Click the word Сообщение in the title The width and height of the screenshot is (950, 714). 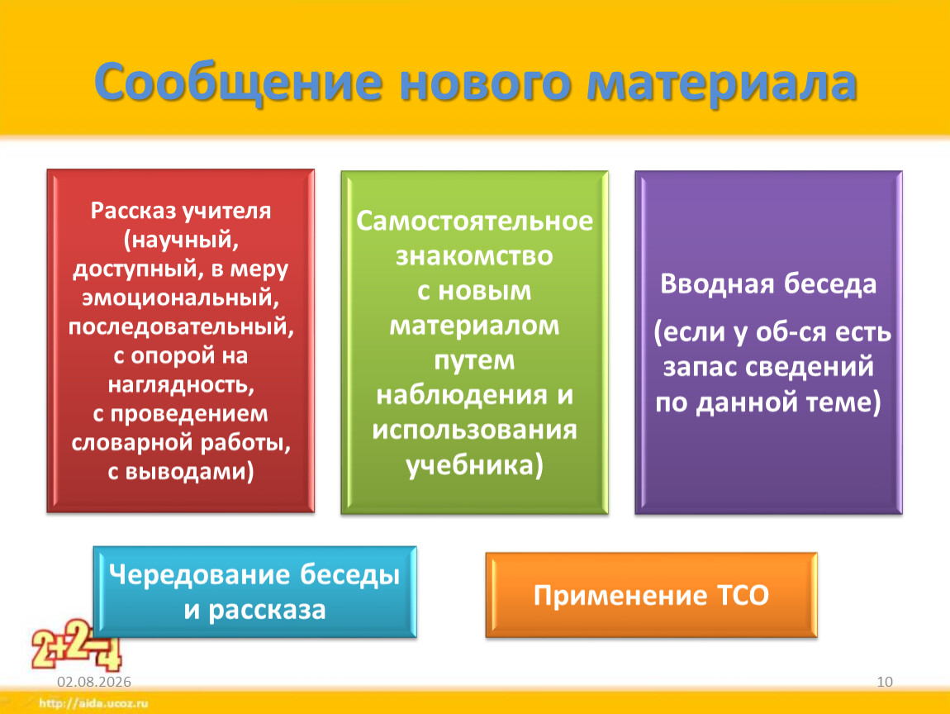point(238,83)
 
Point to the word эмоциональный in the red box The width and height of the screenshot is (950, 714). point(181,297)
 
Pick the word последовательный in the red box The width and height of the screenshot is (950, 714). point(181,327)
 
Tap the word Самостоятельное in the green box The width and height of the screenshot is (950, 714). point(474,221)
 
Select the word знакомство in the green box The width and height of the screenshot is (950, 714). point(474,256)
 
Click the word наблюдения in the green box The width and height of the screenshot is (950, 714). point(463,396)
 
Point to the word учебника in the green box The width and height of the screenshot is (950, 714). point(470,465)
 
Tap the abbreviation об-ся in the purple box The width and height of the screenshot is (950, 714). point(790,332)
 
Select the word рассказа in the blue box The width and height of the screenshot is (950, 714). point(267,611)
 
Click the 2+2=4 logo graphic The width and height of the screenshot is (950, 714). point(76,645)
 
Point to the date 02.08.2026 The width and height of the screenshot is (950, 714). point(94,682)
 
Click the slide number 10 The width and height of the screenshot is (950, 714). point(885,682)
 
